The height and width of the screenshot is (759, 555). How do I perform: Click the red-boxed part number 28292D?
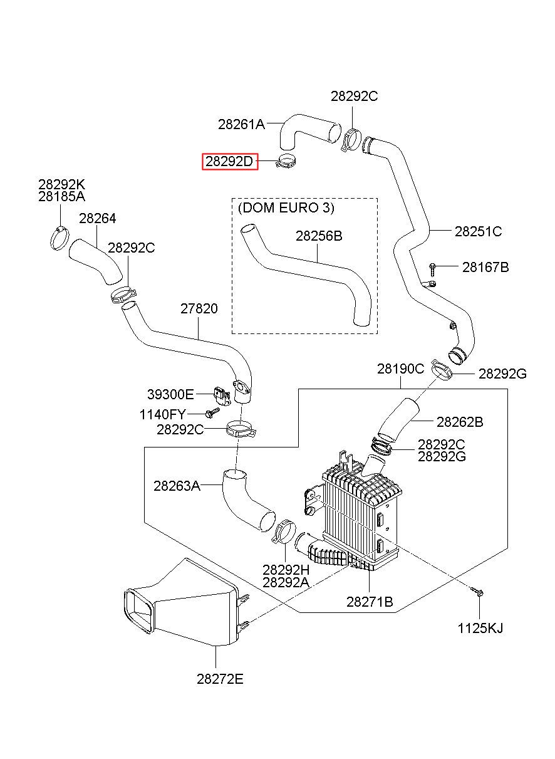click(229, 161)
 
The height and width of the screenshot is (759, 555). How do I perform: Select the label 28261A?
click(241, 124)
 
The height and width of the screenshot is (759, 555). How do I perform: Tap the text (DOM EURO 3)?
click(286, 207)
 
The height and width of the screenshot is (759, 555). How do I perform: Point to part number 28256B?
click(319, 236)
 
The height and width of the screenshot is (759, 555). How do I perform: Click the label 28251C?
click(478, 231)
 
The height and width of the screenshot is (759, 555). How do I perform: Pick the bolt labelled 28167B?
click(432, 270)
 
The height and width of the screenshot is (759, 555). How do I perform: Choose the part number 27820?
click(199, 308)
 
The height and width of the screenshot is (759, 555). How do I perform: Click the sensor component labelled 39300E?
click(222, 395)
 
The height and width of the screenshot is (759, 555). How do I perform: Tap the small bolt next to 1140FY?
click(212, 412)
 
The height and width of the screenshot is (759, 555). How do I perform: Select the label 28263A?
click(177, 486)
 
